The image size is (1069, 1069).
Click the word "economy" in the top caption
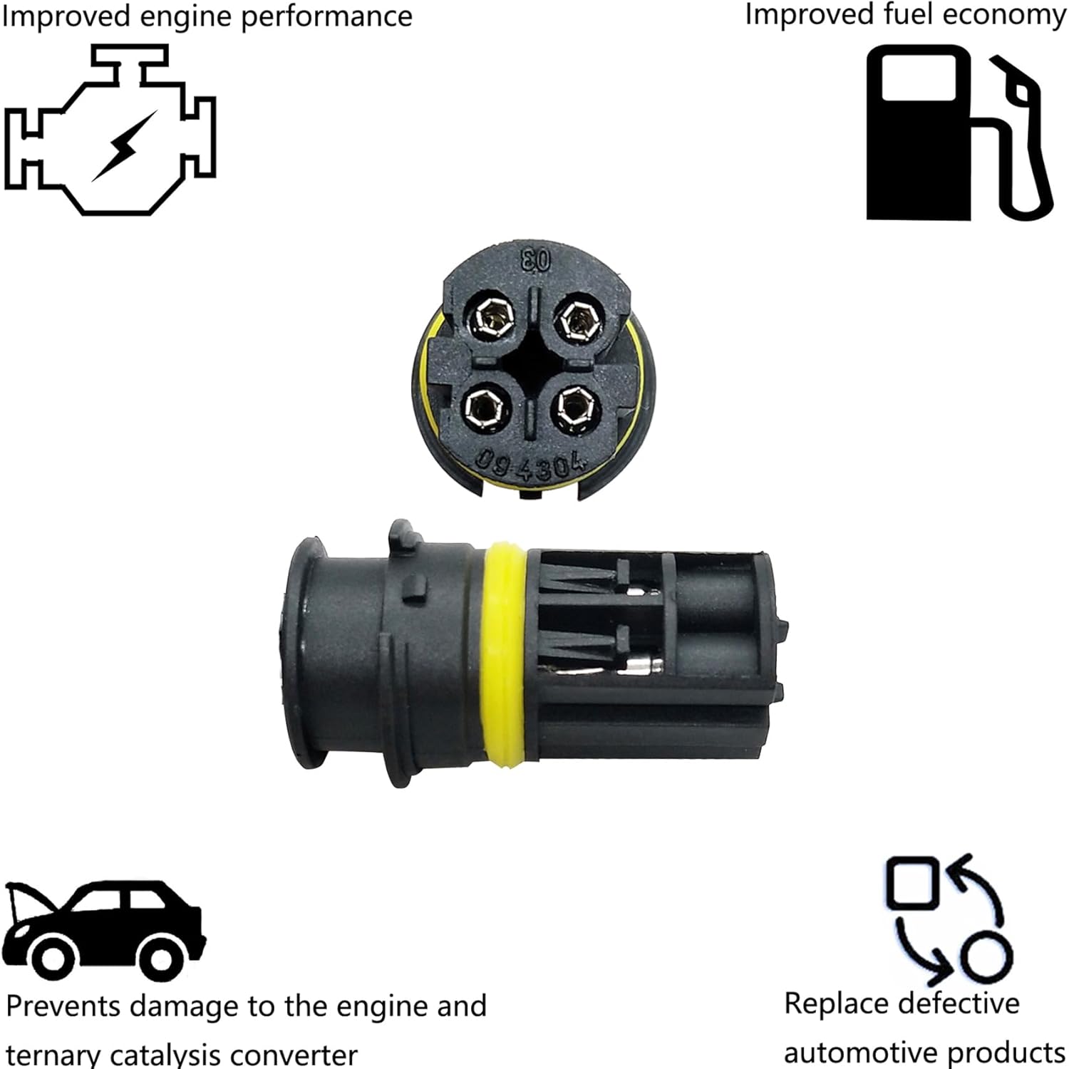(1009, 14)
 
